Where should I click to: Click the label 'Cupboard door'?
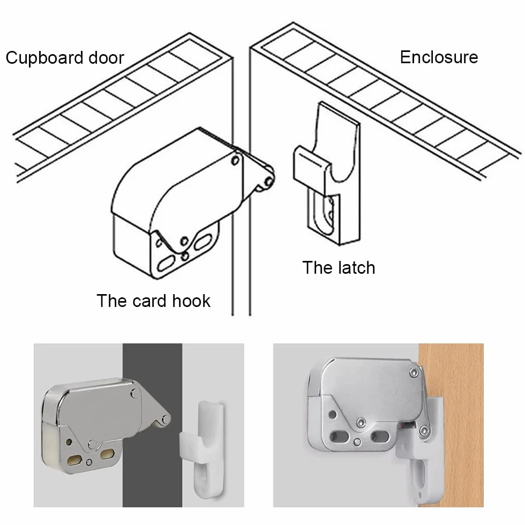(65, 58)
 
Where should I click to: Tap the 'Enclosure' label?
(439, 57)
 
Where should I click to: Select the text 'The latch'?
(339, 267)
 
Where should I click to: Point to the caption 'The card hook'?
(153, 301)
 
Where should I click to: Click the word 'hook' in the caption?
(191, 301)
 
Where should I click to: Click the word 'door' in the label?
(107, 58)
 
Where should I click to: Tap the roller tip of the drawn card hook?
(268, 182)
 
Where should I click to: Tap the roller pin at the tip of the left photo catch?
(165, 419)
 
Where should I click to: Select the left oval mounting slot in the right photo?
(337, 437)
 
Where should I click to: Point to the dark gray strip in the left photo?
(152, 425)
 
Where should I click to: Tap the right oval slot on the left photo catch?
(107, 454)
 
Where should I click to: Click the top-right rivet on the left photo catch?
(135, 394)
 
